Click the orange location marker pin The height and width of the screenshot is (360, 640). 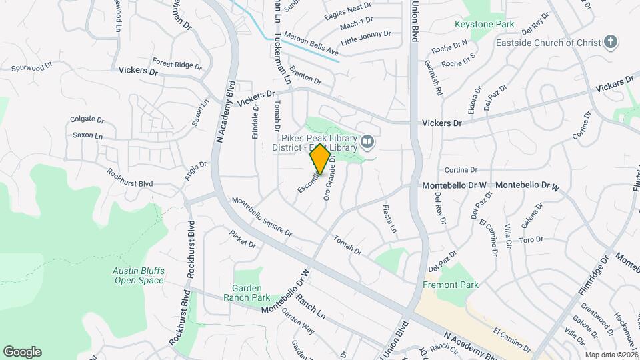pos(320,159)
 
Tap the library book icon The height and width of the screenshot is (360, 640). pos(367,141)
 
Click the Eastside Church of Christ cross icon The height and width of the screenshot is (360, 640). pos(610,43)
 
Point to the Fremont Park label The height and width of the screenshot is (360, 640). pos(451,285)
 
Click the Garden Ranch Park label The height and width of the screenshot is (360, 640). pos(247,293)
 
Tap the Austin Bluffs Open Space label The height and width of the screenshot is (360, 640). pos(139,276)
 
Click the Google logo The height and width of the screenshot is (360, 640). pos(22,352)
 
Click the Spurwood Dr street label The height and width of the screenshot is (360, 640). pos(32,67)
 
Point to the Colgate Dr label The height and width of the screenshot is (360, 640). pos(87,120)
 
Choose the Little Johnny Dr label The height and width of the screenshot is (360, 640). pos(366,38)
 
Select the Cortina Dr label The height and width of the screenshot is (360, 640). pos(461,170)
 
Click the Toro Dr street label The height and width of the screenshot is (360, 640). pos(531,239)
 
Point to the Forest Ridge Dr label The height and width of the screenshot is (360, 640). pos(176,65)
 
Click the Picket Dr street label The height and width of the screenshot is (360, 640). pos(243,239)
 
